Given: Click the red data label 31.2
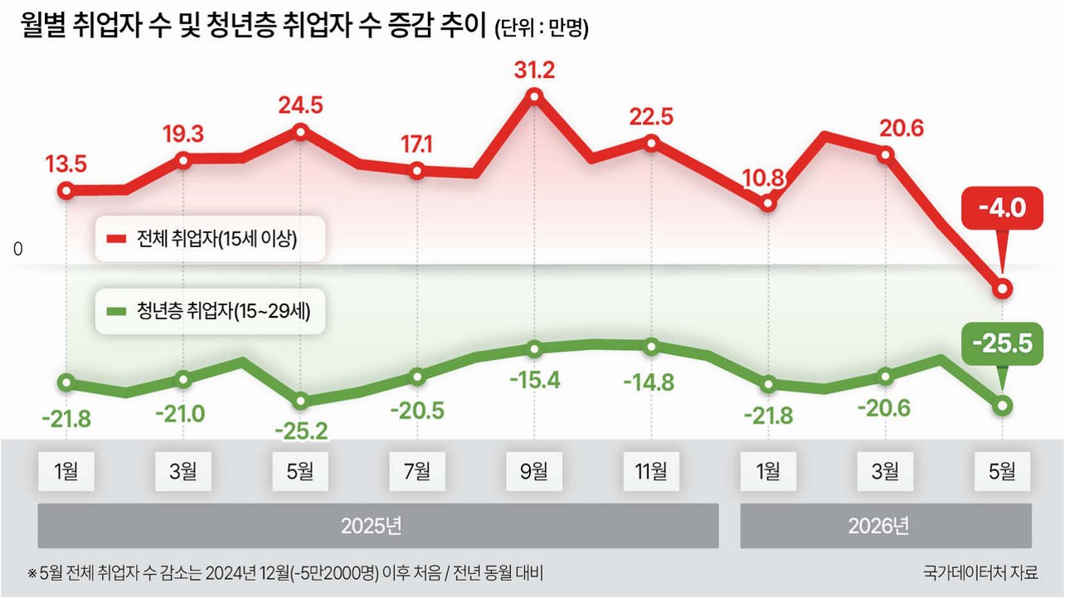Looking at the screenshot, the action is coord(534,70).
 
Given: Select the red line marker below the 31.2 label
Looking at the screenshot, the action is coord(534,96).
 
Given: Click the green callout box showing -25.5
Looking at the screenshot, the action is coord(1002,343).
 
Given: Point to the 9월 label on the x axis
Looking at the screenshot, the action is coord(534,471).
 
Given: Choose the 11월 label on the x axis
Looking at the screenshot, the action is coord(651,471).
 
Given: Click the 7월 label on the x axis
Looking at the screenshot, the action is coord(417,471).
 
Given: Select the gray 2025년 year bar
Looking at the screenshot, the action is coord(378,526).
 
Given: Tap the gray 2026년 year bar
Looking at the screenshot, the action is coord(886,526).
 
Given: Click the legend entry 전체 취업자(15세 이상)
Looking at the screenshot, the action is coord(210,239).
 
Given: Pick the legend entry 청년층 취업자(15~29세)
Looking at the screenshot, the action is coord(210,312).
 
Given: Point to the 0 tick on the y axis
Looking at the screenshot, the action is coord(18,249).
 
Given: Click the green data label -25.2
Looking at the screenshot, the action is coord(301,431).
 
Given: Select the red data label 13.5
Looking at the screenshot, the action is coord(66,164).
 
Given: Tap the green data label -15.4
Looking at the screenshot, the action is coord(535,381).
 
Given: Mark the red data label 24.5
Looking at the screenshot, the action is coord(300,105).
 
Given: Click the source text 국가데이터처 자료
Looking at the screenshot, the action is coord(980,572).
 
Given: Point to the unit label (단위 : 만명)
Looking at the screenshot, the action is coord(542,28).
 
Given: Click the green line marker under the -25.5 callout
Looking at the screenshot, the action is coord(1002,406).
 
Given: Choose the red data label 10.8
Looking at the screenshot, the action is coord(764,178).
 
